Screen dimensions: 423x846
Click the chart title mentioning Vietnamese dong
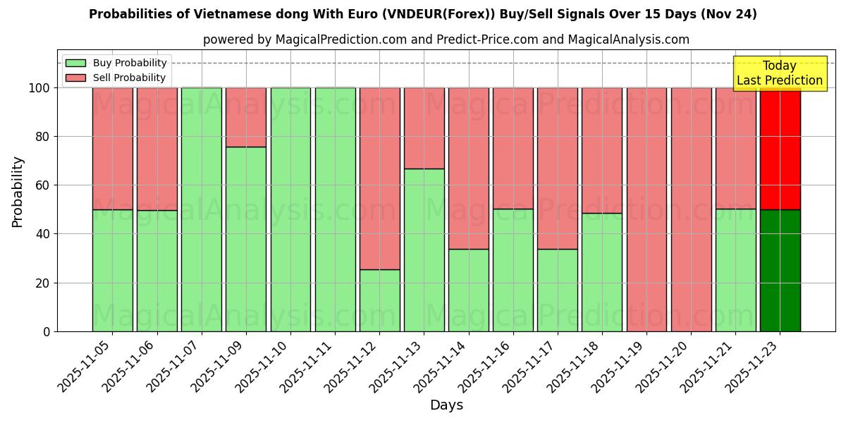(x=422, y=14)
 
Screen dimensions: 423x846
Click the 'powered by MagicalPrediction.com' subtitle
(x=446, y=39)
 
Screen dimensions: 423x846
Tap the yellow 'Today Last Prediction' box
(x=779, y=73)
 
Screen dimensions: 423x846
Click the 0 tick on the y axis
(x=47, y=331)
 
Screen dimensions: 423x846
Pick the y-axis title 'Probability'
(x=18, y=192)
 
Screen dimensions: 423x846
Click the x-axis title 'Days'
(x=446, y=405)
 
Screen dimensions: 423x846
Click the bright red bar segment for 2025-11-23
(x=780, y=148)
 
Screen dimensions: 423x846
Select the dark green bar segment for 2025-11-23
(x=780, y=271)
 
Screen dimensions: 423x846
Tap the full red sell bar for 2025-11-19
(x=646, y=209)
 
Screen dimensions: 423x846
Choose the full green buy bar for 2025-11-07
(x=202, y=209)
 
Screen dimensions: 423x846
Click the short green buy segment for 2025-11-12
(x=379, y=300)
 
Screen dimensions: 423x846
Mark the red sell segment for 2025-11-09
(x=246, y=117)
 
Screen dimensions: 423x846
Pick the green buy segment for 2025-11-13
(x=424, y=250)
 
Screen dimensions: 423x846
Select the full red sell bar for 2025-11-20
(x=691, y=209)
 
